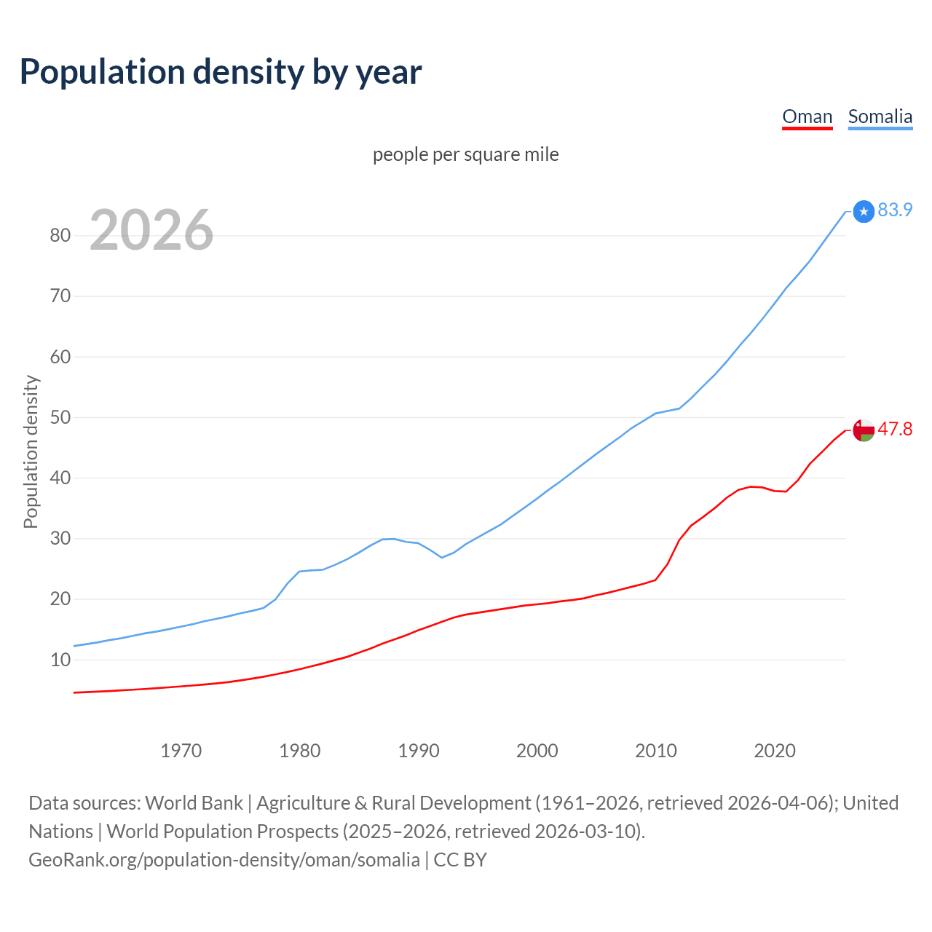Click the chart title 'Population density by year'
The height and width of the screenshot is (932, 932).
221,72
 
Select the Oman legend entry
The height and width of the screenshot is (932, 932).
807,116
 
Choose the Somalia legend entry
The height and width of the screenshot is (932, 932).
880,116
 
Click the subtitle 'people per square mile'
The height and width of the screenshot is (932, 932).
465,155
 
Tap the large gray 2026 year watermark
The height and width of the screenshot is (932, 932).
151,230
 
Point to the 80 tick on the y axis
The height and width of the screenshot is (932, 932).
60,235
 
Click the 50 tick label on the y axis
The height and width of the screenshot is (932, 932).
60,417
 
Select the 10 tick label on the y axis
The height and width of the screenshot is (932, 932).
60,660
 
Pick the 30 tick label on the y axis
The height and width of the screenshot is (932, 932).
60,539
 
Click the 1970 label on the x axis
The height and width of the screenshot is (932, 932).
181,751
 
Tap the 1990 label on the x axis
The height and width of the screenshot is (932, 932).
419,751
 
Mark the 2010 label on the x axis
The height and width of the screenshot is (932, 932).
656,751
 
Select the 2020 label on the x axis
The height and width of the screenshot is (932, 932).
775,751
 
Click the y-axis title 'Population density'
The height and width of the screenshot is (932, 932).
31,451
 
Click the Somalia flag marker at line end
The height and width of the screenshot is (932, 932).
864,211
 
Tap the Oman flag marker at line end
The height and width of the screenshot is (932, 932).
864,430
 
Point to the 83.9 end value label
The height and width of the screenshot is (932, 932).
895,210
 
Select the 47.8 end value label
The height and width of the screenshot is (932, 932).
895,430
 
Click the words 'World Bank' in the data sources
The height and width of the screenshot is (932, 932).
194,803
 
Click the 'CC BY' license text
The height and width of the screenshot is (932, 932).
460,860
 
